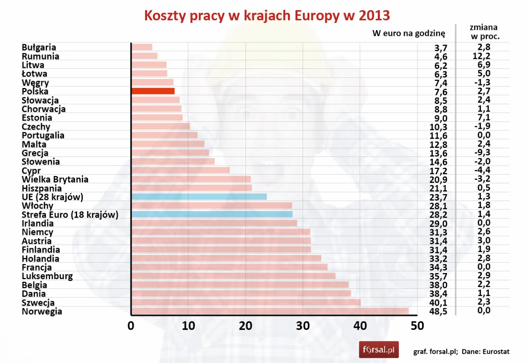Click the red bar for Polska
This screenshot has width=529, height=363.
tap(153, 91)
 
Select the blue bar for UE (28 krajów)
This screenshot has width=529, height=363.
tap(199, 197)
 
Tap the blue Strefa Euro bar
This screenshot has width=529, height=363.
tap(212, 214)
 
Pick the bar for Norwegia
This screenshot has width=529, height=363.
tap(270, 311)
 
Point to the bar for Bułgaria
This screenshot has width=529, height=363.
tap(142, 47)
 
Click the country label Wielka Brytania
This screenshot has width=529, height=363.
tap(55, 179)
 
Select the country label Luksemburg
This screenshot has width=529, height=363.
tap(47, 276)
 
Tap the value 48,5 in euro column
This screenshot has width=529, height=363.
tap(438, 312)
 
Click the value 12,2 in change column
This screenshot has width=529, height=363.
tap(481, 56)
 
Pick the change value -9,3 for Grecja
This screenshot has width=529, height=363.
tap(482, 153)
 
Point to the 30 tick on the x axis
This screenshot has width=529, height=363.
tap(303, 326)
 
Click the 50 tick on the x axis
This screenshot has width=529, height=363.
tap(417, 326)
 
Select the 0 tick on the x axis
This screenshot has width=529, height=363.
tap(131, 326)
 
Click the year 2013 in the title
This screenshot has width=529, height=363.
tap(374, 16)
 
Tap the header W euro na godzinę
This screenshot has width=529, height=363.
tap(409, 33)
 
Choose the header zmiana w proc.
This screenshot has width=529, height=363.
tap(484, 32)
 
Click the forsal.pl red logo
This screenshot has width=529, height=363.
tap(379, 350)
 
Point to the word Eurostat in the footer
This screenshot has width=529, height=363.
tap(496, 352)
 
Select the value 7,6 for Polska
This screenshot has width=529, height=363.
tap(441, 92)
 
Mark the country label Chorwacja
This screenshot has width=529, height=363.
tap(43, 109)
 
